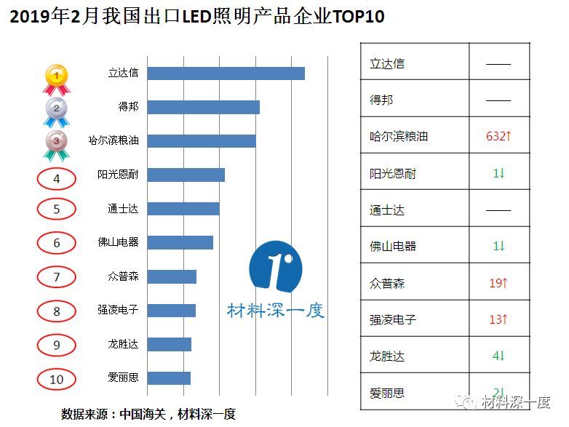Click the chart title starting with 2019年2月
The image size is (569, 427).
point(196,17)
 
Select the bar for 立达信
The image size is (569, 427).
point(226,73)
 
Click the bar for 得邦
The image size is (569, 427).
point(203,107)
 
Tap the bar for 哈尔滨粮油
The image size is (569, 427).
point(201,140)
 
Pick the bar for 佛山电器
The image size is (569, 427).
point(180,242)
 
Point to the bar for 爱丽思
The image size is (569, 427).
point(169,378)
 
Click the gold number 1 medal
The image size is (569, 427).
point(57,77)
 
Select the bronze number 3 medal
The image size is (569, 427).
point(57,144)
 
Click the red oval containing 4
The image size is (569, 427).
point(57,177)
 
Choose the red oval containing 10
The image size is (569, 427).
point(57,379)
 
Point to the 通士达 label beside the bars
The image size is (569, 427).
point(123,209)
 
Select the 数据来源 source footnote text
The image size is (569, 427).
point(148,414)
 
